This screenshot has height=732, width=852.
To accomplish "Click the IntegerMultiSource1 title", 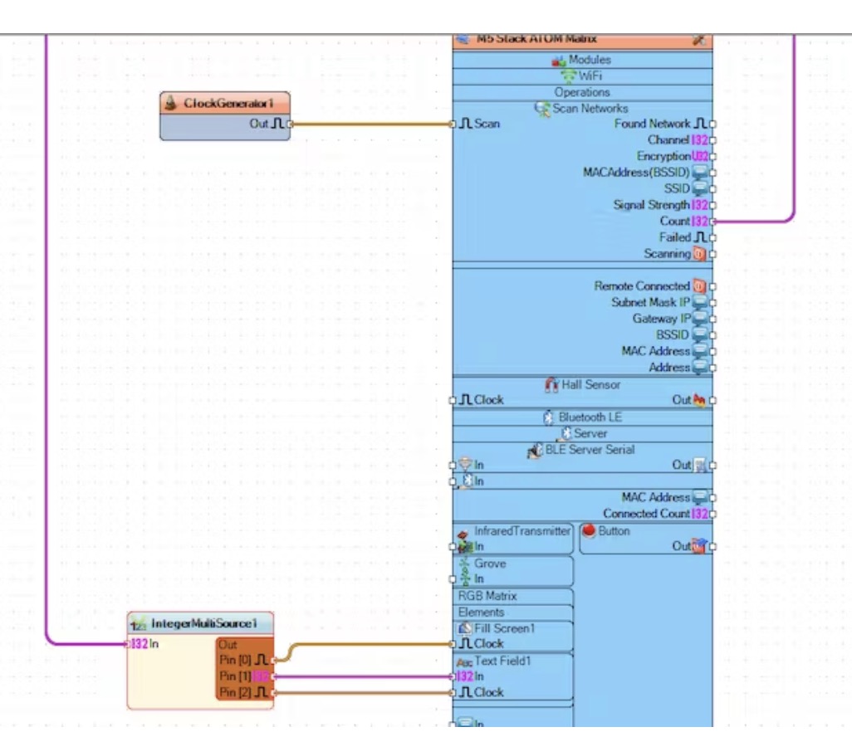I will coord(204,623).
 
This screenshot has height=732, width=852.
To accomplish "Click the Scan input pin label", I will coord(487,124).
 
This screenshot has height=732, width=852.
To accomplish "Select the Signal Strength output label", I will coord(652,205).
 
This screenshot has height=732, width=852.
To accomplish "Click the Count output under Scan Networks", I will coord(674,222).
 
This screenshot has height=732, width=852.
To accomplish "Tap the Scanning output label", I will coord(667,254).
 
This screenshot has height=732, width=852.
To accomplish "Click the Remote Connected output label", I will coord(642,286).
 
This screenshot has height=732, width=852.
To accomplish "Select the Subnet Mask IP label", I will coord(651,302).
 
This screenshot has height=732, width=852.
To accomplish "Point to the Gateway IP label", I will coord(661,319).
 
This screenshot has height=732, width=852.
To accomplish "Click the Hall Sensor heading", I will coord(590,385).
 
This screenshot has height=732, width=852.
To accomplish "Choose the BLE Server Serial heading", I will coord(590,450).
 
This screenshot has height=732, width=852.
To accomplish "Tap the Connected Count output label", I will coord(646,514).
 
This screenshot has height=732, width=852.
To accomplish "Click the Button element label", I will coord(614,531).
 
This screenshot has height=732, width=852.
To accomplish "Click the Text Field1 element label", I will coord(502,661).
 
